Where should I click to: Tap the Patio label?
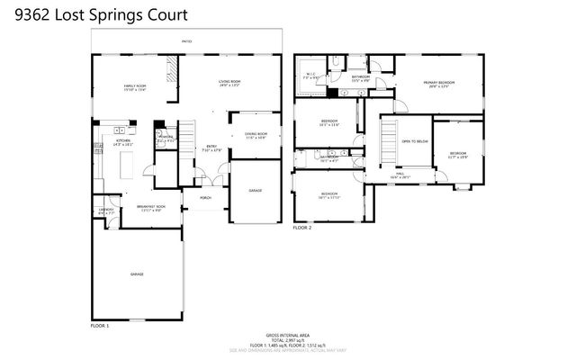(x=187, y=41)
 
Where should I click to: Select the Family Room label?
(x=135, y=86)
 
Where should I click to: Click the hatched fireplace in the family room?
(x=168, y=71)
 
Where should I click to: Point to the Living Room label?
(x=230, y=83)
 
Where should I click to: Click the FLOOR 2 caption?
(x=301, y=229)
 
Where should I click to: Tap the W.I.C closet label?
(x=310, y=75)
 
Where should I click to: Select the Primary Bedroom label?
(x=439, y=83)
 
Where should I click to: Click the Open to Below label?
(x=413, y=141)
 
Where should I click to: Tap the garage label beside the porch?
(x=256, y=190)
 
